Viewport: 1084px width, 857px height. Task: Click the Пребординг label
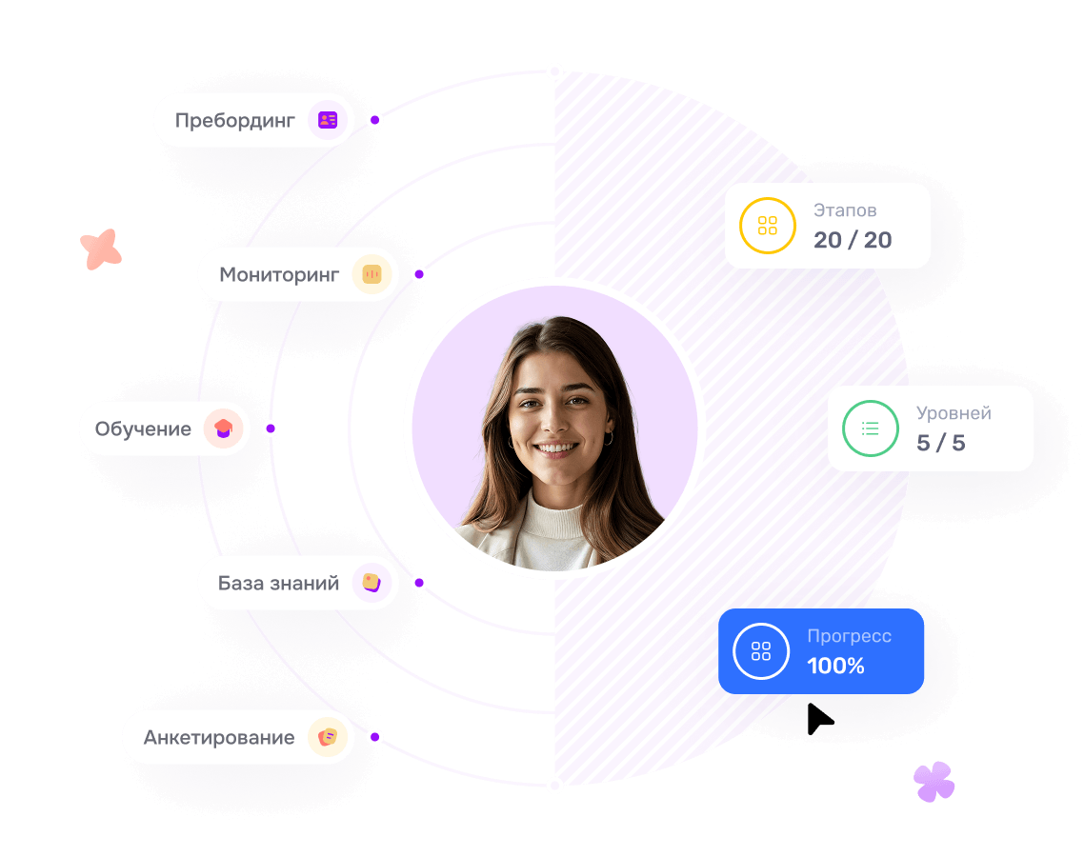[x=235, y=121]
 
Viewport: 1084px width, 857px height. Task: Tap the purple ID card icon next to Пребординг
[x=328, y=120]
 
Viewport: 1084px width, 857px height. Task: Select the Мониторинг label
[x=279, y=275]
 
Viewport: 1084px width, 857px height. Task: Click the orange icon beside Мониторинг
[x=371, y=274]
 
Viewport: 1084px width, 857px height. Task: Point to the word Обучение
[x=143, y=429]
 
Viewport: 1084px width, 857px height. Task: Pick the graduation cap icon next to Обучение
[x=223, y=428]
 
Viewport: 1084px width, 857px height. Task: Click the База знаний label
[x=278, y=584]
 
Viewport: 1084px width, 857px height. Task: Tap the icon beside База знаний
[x=371, y=583]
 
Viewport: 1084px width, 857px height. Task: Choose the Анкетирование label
[x=219, y=737]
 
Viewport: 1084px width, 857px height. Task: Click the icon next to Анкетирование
[x=328, y=737]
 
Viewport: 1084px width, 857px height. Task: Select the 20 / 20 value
[x=853, y=240]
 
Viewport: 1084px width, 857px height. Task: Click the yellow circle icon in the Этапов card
[x=768, y=226]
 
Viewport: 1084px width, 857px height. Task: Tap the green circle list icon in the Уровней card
[x=871, y=428]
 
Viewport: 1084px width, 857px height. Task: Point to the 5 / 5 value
[x=941, y=443]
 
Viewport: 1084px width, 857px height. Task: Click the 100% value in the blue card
[x=835, y=666]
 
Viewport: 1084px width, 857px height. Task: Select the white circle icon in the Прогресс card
[x=761, y=651]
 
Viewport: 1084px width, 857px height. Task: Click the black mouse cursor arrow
[x=818, y=719]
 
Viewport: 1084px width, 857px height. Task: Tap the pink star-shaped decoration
[x=101, y=249]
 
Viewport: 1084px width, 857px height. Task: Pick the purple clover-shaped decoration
[x=934, y=782]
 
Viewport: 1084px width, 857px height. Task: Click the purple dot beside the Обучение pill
[x=271, y=428]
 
